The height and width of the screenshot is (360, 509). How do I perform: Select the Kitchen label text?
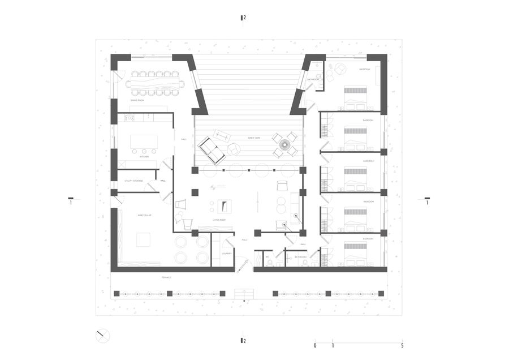[144, 157]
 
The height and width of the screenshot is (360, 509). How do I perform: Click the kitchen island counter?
[144, 142]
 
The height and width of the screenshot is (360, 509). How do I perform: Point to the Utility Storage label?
[133, 181]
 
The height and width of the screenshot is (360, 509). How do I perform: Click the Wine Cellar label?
[144, 215]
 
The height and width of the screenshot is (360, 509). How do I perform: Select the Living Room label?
[219, 220]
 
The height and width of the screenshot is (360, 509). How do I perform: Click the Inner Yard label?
[253, 137]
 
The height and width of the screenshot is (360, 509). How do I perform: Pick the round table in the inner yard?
[284, 144]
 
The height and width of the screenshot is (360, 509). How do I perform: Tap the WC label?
[260, 257]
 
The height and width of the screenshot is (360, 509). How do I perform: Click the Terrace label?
[166, 277]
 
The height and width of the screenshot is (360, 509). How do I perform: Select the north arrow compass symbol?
[102, 336]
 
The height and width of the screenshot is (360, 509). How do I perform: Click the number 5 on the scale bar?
[402, 345]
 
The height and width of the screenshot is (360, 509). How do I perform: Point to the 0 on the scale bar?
[315, 345]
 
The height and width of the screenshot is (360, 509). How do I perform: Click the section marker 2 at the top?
[243, 18]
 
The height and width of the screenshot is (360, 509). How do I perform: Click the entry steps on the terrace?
[244, 293]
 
